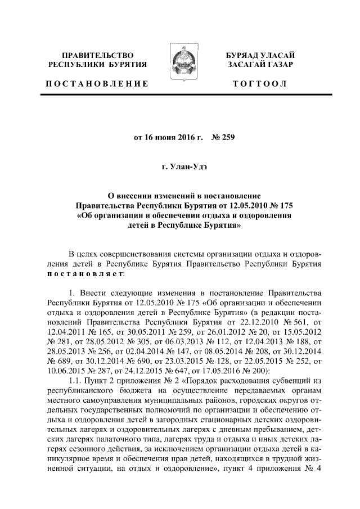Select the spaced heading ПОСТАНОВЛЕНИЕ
point(97,84)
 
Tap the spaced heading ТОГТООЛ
point(263,84)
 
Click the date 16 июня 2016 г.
point(160,137)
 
